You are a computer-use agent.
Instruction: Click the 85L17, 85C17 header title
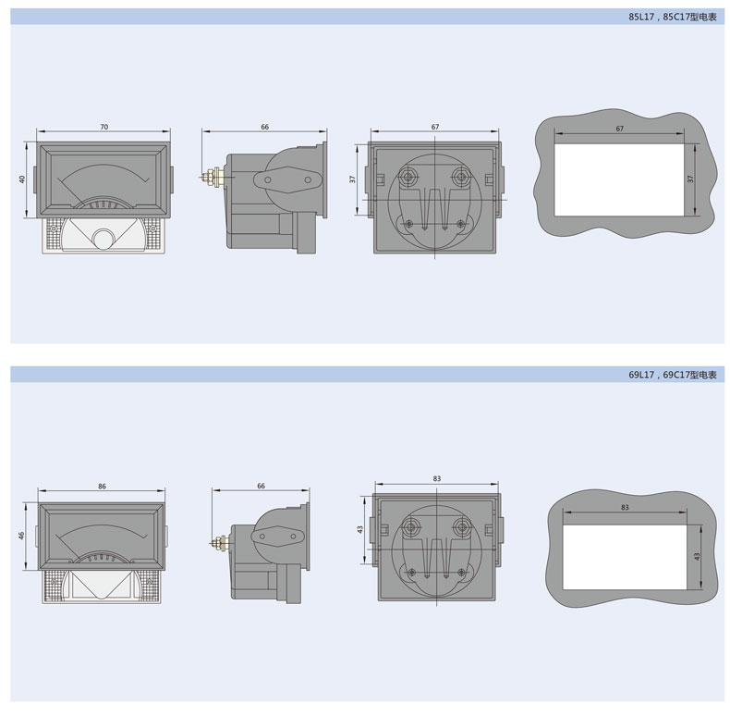click(673, 17)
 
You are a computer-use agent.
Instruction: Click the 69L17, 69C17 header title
click(673, 375)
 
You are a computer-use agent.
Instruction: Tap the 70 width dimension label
click(103, 127)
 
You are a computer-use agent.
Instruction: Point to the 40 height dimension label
click(22, 179)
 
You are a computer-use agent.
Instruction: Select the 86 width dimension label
click(102, 487)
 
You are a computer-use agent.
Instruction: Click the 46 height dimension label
click(21, 536)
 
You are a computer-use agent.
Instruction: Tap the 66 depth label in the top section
click(264, 127)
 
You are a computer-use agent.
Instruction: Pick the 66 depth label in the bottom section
click(261, 486)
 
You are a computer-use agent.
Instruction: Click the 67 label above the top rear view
click(435, 127)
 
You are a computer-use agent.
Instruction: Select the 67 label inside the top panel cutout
click(620, 129)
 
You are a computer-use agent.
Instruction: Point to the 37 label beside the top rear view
click(352, 179)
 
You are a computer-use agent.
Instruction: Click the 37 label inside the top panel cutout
click(690, 179)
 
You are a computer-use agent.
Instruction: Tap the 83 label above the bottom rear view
click(437, 479)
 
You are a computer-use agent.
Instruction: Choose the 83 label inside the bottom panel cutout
click(625, 507)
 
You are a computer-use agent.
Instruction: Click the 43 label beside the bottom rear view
click(359, 529)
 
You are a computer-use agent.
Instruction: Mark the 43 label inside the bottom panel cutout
click(697, 557)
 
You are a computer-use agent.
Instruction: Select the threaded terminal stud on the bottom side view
click(220, 543)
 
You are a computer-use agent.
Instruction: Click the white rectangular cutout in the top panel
click(619, 179)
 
